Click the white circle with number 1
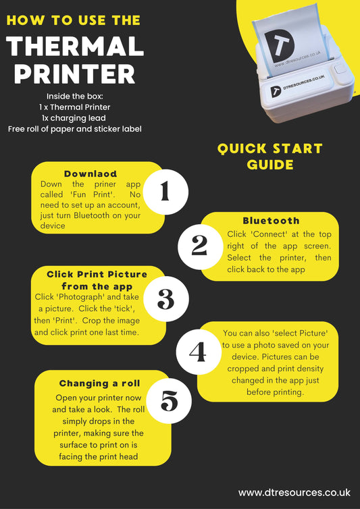pyautogui.click(x=165, y=192)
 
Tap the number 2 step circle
pyautogui.click(x=200, y=247)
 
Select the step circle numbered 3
pyautogui.click(x=166, y=299)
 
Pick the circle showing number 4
pyautogui.click(x=199, y=352)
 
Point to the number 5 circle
pyautogui.click(x=169, y=401)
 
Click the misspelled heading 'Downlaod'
pyautogui.click(x=91, y=173)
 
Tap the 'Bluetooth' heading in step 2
pyautogui.click(x=272, y=221)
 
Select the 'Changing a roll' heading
pyautogui.click(x=99, y=383)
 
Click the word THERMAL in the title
pyautogui.click(x=75, y=46)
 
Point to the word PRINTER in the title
pyautogui.click(x=74, y=74)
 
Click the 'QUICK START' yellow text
pyautogui.click(x=269, y=149)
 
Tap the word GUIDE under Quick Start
pyautogui.click(x=270, y=165)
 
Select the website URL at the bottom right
pyautogui.click(x=294, y=492)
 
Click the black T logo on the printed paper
pyautogui.click(x=279, y=46)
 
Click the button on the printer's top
pyautogui.click(x=340, y=69)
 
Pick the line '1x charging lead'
pyautogui.click(x=74, y=118)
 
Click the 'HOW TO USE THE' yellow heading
pyautogui.click(x=74, y=20)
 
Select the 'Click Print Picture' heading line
pyautogui.click(x=97, y=274)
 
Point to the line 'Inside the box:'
pyautogui.click(x=75, y=96)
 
